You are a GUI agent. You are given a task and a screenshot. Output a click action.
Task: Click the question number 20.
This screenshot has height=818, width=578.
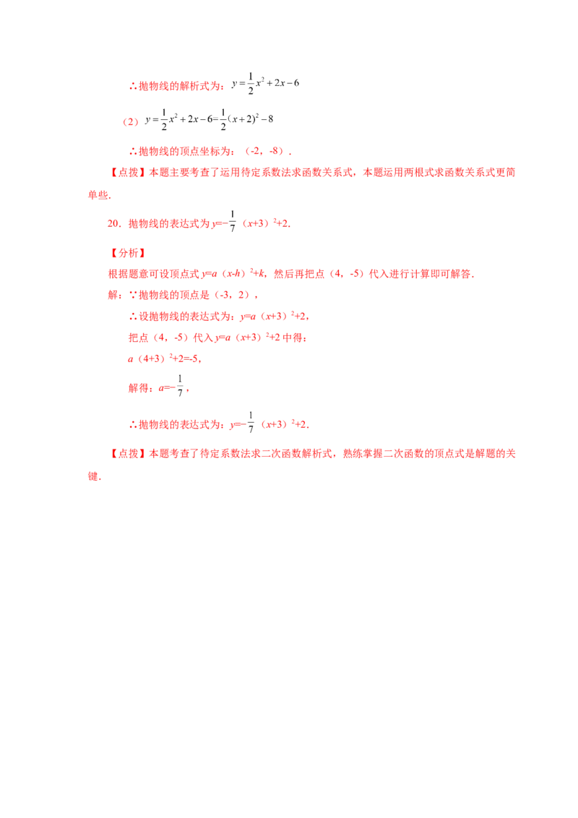coord(113,224)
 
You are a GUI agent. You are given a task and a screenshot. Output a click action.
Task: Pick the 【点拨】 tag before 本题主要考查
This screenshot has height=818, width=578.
coord(128,173)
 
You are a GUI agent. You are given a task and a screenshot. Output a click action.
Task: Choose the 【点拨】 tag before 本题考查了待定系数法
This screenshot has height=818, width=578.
coord(128,454)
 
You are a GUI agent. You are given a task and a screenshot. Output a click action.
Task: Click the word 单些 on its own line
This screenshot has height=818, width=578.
coord(98,195)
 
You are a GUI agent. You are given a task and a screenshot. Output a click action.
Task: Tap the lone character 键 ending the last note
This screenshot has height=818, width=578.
coord(93,476)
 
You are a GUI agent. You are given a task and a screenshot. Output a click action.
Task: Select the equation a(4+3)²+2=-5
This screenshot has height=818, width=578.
coord(164,359)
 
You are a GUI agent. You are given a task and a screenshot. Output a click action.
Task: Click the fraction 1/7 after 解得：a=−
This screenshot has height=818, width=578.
coord(180,386)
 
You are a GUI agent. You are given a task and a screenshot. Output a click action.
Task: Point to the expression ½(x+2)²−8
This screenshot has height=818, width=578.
coord(247,119)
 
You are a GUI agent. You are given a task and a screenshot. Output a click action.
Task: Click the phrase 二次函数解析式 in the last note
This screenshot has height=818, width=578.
coord(296,454)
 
